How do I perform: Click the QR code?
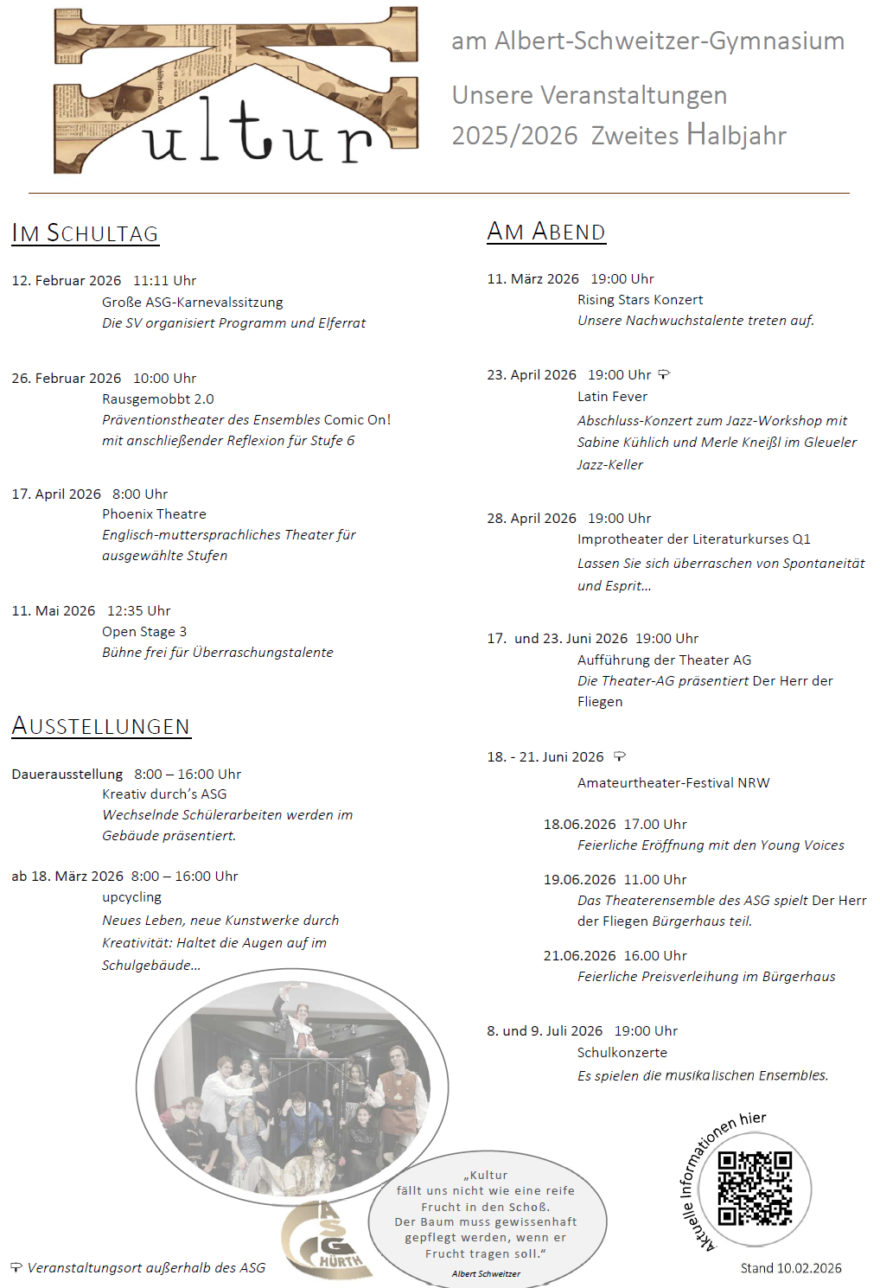pyautogui.click(x=755, y=1188)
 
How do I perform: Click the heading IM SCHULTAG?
pyautogui.click(x=85, y=233)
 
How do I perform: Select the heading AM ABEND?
pyautogui.click(x=545, y=232)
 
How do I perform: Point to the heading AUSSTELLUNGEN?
pyautogui.click(x=100, y=726)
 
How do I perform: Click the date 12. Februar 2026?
pyautogui.click(x=67, y=281)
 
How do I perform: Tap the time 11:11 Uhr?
pyautogui.click(x=164, y=281)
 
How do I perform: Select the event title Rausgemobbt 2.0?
pyautogui.click(x=157, y=399)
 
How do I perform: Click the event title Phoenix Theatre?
pyautogui.click(x=154, y=514)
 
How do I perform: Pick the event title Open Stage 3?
pyautogui.click(x=144, y=632)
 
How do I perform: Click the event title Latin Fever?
pyautogui.click(x=612, y=397)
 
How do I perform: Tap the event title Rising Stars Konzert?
pyautogui.click(x=640, y=300)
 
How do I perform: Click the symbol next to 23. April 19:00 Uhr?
pyautogui.click(x=664, y=374)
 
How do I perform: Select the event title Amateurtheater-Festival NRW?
pyautogui.click(x=673, y=783)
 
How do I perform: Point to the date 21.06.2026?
pyautogui.click(x=579, y=956)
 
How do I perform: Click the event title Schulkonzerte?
pyautogui.click(x=622, y=1053)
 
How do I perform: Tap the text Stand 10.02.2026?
pyautogui.click(x=791, y=1268)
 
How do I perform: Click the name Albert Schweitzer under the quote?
pyautogui.click(x=486, y=1273)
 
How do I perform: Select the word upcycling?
pyautogui.click(x=131, y=897)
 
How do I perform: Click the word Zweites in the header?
pyautogui.click(x=635, y=136)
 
